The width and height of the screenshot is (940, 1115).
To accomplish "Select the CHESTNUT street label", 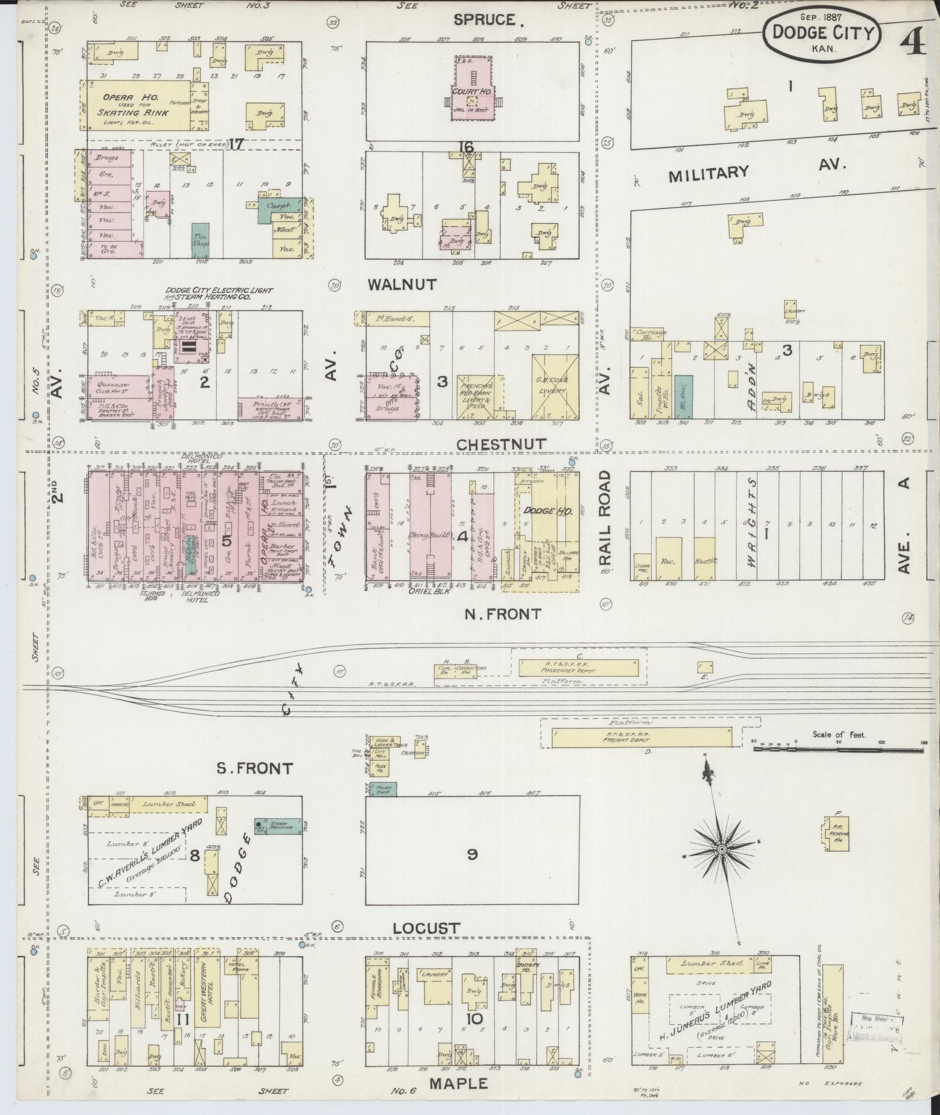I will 501,444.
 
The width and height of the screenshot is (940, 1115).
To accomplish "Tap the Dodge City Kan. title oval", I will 823,34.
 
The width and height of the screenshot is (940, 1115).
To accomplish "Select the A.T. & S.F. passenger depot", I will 578,667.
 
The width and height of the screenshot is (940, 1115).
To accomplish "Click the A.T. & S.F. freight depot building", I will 641,737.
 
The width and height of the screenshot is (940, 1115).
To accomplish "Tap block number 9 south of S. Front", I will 472,854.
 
